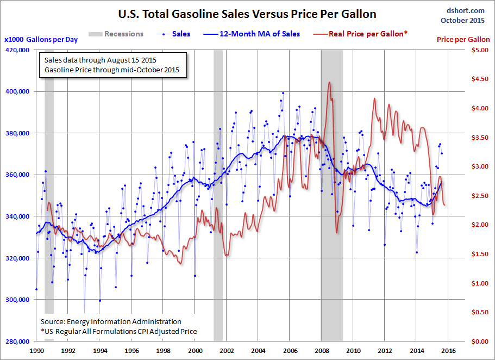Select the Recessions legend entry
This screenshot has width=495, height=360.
tap(124, 34)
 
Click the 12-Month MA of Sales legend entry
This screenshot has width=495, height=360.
tap(260, 34)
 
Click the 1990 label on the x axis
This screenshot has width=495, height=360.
tap(36, 351)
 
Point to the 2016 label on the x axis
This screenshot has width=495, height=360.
tap(448, 351)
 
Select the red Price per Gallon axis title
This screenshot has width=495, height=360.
tap(463, 40)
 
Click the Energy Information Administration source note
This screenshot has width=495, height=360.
tap(111, 322)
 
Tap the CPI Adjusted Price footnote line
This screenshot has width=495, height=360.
tap(118, 331)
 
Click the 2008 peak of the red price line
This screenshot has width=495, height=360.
tap(330, 83)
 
